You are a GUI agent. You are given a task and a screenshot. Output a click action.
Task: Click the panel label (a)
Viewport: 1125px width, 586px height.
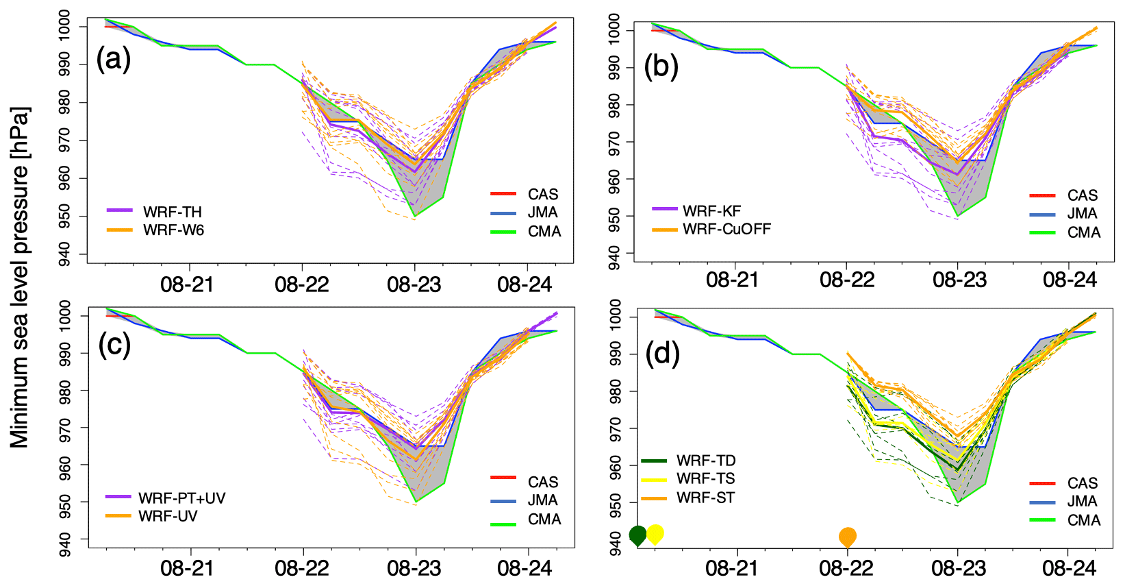click(x=114, y=60)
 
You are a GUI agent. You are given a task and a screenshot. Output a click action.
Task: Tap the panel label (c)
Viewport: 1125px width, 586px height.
click(x=114, y=345)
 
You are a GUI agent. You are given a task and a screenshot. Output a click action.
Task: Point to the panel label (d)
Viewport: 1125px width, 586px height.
click(x=662, y=354)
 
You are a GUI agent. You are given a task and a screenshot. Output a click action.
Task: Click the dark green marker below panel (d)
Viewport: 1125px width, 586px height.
click(x=637, y=535)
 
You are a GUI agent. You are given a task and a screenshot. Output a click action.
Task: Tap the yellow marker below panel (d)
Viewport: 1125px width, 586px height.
click(x=655, y=533)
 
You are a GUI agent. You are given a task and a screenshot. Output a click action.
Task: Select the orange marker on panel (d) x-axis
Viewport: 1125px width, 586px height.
click(x=848, y=536)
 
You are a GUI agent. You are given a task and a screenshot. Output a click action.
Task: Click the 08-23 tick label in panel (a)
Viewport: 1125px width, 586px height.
click(x=414, y=284)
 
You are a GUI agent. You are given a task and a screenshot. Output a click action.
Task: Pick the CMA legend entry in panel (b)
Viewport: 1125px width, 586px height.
click(x=1083, y=233)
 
